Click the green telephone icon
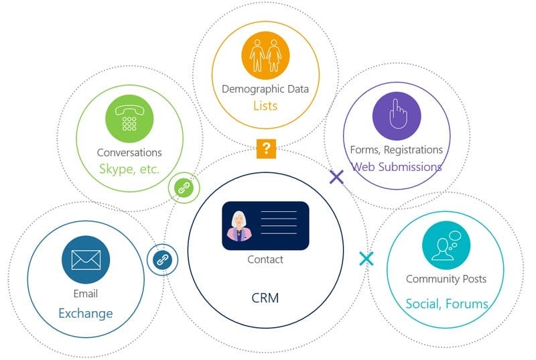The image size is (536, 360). tap(129, 119)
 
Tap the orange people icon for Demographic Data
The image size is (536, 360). tap(265, 55)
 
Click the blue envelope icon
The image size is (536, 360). tap(86, 259)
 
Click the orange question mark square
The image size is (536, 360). tap(266, 148)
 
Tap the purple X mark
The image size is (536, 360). tap(336, 177)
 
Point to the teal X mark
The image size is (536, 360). tap(366, 258)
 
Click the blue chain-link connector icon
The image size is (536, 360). tap(161, 259)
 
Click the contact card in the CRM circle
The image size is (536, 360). tap(265, 226)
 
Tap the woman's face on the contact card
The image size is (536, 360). tap(239, 222)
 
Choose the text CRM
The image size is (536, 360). tap(265, 297)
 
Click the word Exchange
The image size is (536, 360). tap(86, 313)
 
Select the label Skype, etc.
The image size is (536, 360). tap(129, 169)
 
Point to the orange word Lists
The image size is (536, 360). tap(265, 105)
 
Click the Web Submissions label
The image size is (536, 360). tap(397, 166)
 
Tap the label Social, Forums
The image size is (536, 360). tap(446, 304)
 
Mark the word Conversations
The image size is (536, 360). tap(129, 152)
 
